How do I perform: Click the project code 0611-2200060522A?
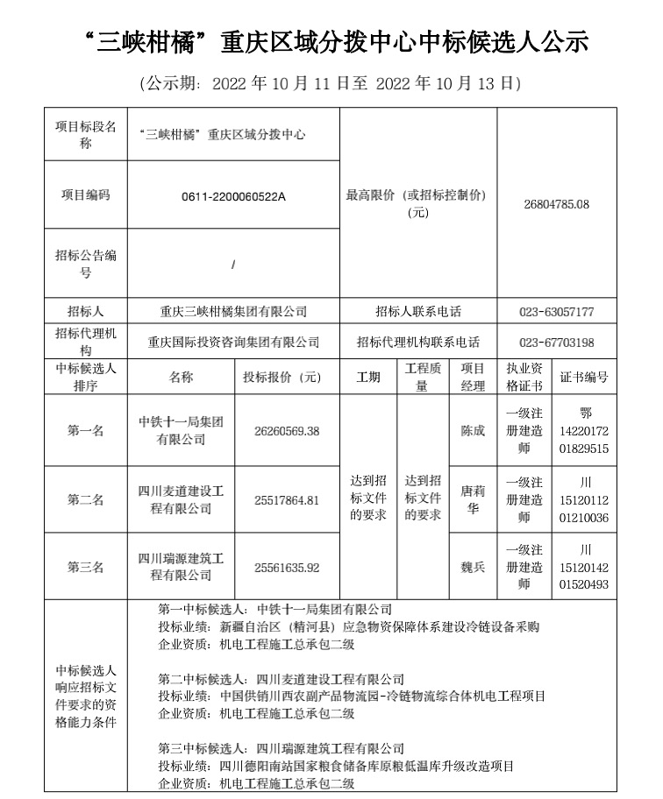233,196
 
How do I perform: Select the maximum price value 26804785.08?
556,204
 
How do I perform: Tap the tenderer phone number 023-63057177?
556,311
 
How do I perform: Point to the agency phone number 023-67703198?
556,343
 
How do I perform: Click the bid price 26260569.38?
287,431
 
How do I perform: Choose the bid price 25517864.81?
287,500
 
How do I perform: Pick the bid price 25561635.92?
287,568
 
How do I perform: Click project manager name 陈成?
473,431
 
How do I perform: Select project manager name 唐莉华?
473,500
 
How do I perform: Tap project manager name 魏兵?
473,568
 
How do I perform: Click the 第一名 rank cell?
86,431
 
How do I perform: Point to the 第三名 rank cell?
86,568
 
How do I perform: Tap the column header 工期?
368,378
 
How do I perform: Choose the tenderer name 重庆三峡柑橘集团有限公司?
233,311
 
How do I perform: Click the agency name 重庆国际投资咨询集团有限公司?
233,343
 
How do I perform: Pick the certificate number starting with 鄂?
586,431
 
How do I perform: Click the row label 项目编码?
86,196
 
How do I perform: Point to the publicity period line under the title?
331,84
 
